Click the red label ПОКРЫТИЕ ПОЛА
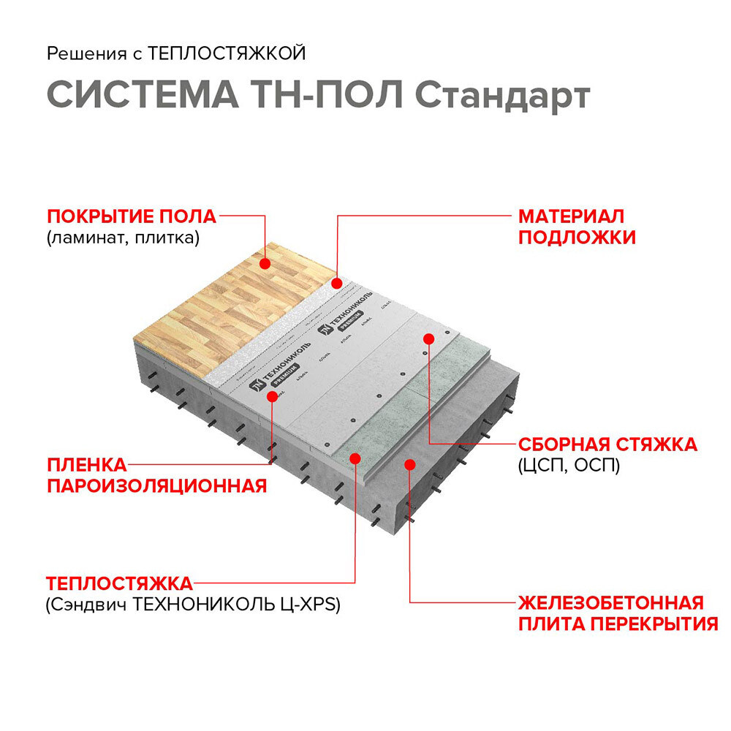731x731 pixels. tap(132, 216)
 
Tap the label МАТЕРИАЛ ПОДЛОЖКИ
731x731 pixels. tap(577, 227)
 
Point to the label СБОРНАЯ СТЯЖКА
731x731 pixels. tap(607, 444)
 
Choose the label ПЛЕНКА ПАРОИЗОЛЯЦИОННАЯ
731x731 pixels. tap(156, 475)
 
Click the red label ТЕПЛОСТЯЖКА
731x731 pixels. tap(119, 584)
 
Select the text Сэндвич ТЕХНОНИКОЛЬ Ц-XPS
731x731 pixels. tap(194, 605)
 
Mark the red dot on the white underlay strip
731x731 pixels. tap(337, 283)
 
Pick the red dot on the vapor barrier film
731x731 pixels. tap(273, 395)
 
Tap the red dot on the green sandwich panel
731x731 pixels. tap(356, 458)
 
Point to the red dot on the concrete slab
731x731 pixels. tap(409, 464)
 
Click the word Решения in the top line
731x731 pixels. tap(77, 53)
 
